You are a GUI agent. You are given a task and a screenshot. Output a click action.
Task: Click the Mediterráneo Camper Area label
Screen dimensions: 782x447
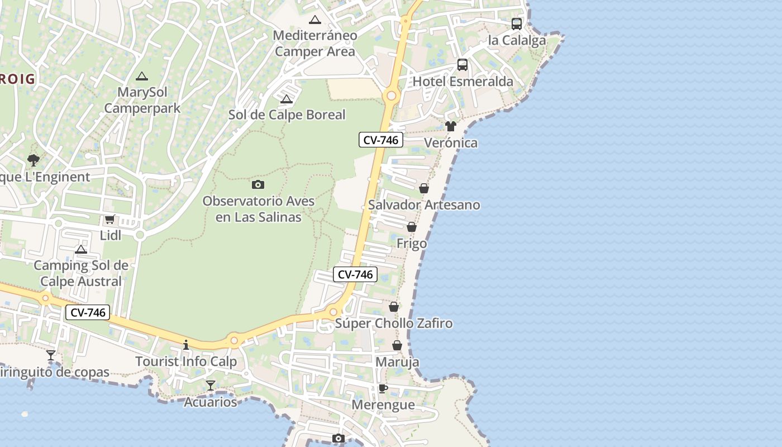[315, 44]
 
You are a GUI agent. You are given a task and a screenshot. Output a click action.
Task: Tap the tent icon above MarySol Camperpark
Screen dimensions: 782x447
[142, 76]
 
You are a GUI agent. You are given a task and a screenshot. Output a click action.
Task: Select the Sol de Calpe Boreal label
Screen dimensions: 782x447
[287, 115]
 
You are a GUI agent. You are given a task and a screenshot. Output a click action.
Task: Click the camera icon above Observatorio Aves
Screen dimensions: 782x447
[258, 184]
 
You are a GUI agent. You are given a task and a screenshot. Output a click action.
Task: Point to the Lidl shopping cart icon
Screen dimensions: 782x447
[110, 220]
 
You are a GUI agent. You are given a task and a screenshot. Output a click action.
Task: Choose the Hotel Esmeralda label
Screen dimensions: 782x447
[462, 82]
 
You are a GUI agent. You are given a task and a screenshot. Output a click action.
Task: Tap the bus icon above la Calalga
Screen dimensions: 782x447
[517, 24]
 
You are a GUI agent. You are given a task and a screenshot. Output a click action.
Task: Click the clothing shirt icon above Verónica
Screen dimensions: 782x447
[451, 126]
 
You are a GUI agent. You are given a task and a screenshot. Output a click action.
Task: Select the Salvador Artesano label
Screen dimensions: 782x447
[424, 205]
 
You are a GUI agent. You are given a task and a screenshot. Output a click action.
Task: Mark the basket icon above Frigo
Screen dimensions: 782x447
[412, 227]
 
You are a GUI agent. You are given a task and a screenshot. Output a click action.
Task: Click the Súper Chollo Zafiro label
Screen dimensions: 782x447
[394, 324]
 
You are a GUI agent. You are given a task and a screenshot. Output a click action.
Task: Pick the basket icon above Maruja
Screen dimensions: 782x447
[397, 345]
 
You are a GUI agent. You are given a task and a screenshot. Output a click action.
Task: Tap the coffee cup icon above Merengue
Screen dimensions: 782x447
[383, 388]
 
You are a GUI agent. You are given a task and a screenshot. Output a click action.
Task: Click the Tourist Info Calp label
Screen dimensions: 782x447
[186, 362]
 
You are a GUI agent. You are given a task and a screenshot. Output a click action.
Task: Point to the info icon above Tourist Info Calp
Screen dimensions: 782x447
[186, 345]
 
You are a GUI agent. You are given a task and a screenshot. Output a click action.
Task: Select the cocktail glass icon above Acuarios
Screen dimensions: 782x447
[211, 385]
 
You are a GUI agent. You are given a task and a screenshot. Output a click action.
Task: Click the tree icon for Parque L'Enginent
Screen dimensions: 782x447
[34, 160]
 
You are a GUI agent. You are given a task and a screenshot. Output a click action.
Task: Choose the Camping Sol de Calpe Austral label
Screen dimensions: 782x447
[81, 273]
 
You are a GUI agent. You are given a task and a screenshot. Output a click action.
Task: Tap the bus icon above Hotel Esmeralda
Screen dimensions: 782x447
[462, 65]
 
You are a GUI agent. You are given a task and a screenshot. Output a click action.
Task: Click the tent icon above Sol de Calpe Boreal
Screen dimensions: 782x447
[287, 99]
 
